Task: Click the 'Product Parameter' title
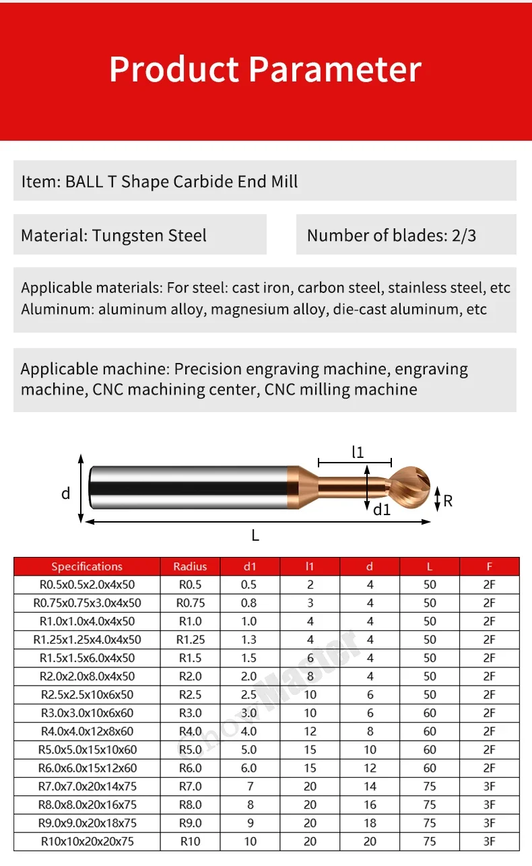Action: click(x=265, y=69)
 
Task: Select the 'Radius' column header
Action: click(x=190, y=566)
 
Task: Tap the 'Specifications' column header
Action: click(x=87, y=566)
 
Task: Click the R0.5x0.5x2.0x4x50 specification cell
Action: click(x=87, y=585)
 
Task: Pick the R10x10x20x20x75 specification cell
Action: click(x=87, y=841)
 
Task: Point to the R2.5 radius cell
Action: click(x=190, y=694)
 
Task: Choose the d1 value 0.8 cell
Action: click(x=248, y=603)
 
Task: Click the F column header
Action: click(x=489, y=566)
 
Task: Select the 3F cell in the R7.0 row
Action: click(x=489, y=786)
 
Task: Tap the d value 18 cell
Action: click(x=369, y=823)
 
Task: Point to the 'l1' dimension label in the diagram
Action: click(x=358, y=453)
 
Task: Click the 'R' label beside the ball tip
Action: click(x=448, y=500)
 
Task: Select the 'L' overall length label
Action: click(x=255, y=536)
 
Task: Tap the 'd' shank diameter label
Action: click(x=65, y=494)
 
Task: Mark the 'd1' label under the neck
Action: click(x=382, y=510)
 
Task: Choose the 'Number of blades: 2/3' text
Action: click(x=391, y=236)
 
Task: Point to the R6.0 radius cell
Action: click(x=190, y=768)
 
